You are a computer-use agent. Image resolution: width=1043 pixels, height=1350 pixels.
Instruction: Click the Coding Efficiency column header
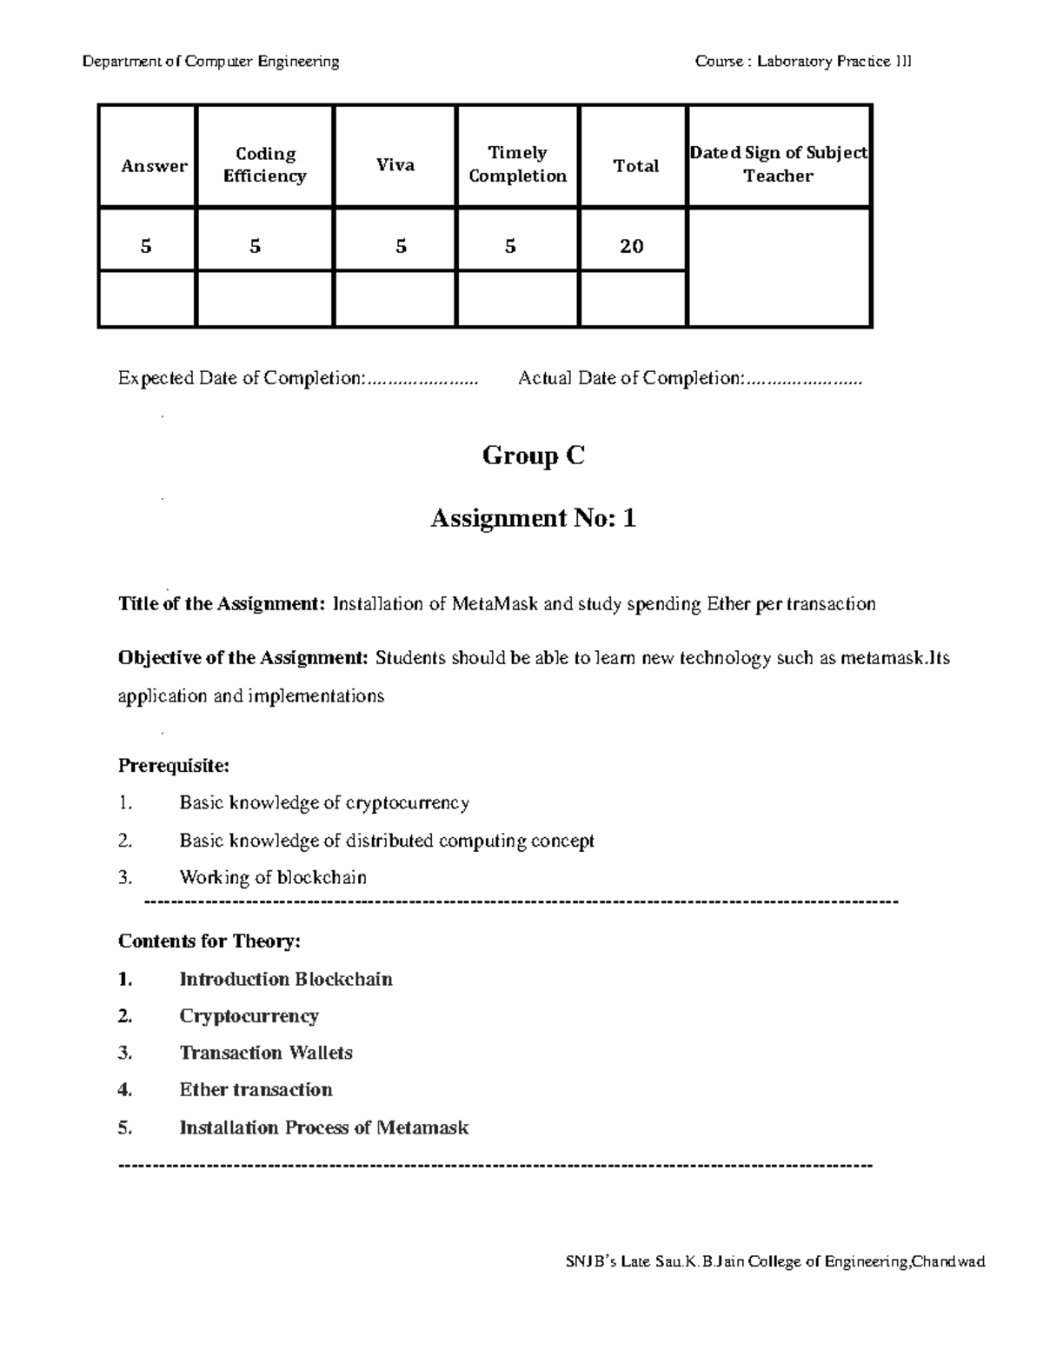265,164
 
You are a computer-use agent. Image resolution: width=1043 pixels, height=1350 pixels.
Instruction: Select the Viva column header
395,164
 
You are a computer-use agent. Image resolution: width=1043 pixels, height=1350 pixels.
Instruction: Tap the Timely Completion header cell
517,164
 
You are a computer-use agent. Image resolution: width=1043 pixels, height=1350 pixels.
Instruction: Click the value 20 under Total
632,246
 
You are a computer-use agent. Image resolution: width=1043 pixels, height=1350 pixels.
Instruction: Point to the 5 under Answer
146,246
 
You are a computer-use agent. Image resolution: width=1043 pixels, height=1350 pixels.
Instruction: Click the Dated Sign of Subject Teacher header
778,163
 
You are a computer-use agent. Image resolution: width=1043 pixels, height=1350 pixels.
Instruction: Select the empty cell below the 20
632,298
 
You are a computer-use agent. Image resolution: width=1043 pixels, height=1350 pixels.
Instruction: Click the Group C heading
533,456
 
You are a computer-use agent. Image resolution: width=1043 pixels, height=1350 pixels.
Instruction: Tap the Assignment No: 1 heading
533,518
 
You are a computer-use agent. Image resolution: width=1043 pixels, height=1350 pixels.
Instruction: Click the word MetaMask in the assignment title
495,603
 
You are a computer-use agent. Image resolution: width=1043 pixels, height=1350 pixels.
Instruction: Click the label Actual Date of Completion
631,378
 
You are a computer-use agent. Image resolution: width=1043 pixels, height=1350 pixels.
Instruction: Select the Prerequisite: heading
174,766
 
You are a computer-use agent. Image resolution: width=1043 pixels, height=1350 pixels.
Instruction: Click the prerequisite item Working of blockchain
273,877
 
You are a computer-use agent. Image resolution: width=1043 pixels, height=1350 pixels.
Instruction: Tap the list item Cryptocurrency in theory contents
249,1015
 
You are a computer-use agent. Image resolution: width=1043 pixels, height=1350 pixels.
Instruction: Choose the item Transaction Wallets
266,1053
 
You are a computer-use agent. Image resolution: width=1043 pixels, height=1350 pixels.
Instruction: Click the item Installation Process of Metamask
323,1127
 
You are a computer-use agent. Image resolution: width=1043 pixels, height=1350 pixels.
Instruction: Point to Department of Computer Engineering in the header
211,61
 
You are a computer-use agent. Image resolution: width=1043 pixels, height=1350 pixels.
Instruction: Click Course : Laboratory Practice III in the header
803,61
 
